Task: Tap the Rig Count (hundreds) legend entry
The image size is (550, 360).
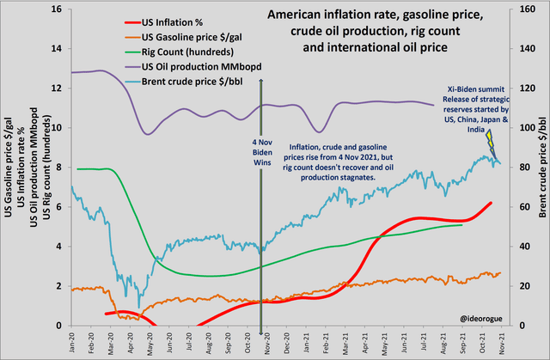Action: (x=182, y=51)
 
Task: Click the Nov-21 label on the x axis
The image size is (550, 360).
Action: (x=500, y=341)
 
